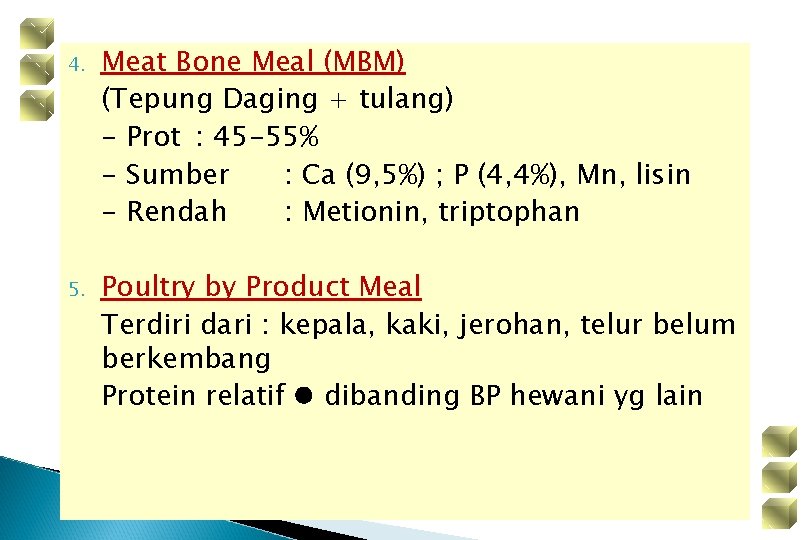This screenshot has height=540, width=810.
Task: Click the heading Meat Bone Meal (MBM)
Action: point(253,62)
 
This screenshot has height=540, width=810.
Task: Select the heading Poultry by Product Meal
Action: point(261,287)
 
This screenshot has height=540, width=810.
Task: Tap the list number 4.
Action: point(73,65)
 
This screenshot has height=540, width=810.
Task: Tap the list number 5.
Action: point(73,290)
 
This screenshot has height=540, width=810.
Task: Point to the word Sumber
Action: point(178,175)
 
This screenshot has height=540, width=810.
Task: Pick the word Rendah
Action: point(177,212)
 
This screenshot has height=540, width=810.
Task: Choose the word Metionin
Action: point(365,212)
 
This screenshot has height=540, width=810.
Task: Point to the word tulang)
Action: point(406,100)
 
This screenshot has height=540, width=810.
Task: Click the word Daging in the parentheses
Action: point(270,100)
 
